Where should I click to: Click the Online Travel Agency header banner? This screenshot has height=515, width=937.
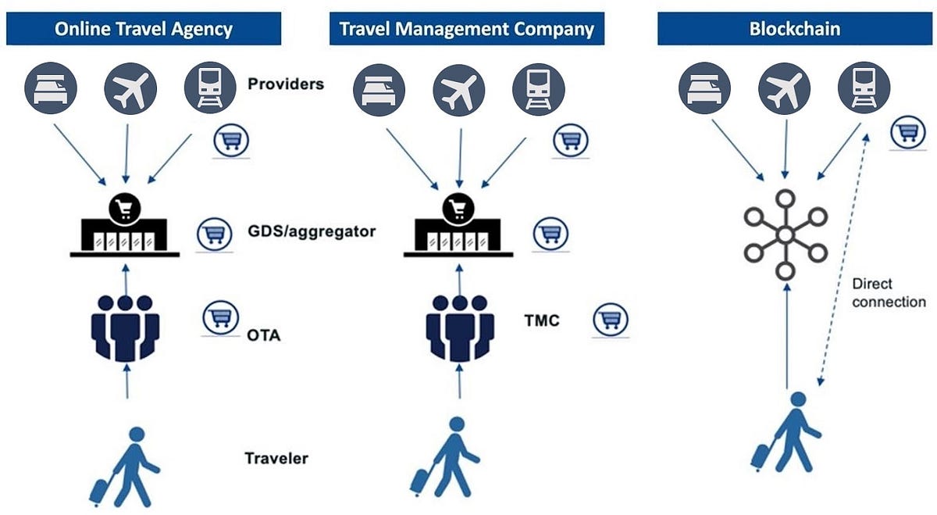click(x=143, y=29)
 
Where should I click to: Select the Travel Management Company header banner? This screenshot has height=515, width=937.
click(x=466, y=29)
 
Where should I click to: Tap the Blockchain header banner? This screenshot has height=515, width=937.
click(x=794, y=29)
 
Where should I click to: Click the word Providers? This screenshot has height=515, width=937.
click(x=285, y=84)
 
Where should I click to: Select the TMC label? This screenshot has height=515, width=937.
click(x=543, y=320)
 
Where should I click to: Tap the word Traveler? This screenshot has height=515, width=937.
click(x=276, y=458)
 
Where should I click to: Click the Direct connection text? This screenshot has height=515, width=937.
click(x=888, y=293)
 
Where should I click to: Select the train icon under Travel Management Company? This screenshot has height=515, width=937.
click(x=538, y=89)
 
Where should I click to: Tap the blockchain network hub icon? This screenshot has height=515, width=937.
click(x=785, y=234)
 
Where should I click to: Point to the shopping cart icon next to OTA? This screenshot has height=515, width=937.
click(x=220, y=317)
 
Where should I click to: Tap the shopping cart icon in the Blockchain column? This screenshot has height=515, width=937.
click(x=907, y=134)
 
